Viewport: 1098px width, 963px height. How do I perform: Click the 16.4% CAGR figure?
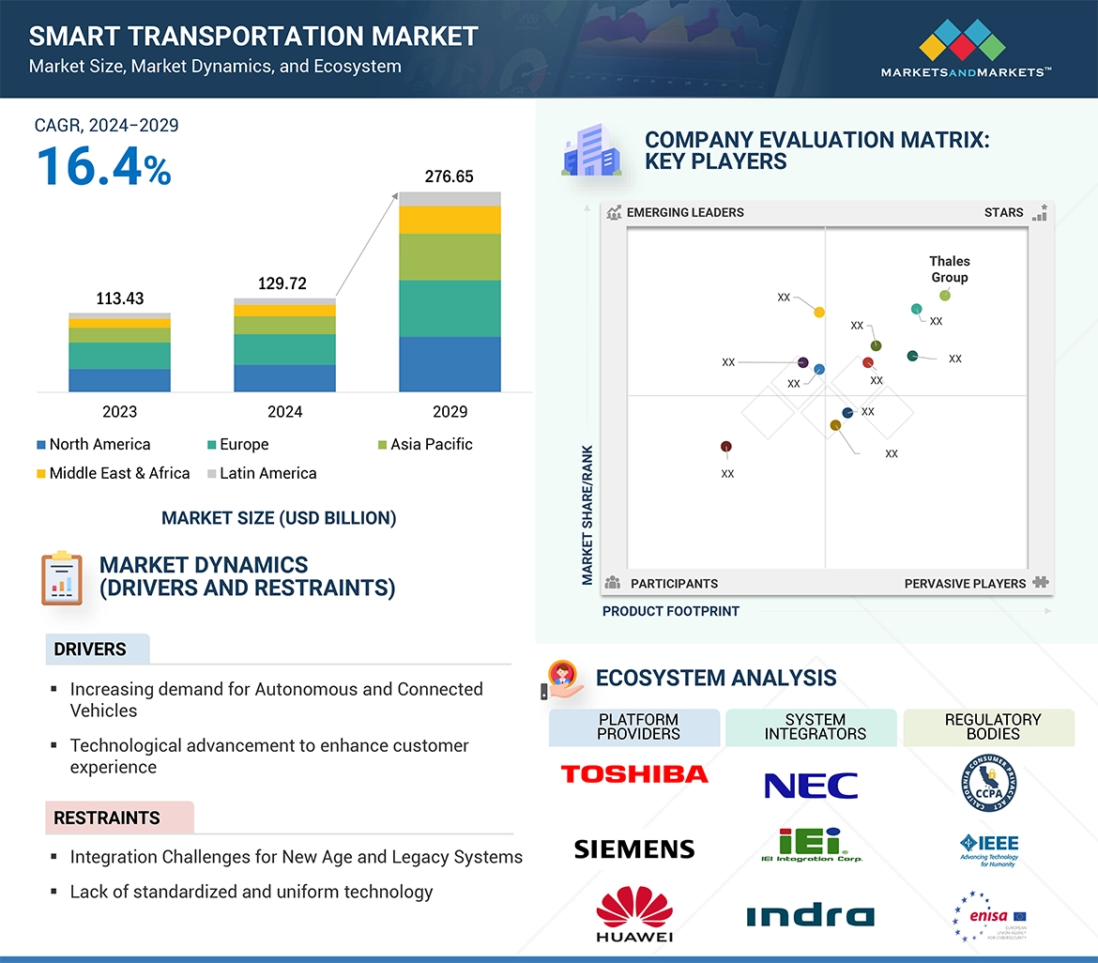pos(103,166)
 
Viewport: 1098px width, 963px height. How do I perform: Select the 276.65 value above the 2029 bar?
pos(449,176)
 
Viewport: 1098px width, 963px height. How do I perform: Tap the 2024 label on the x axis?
pos(284,411)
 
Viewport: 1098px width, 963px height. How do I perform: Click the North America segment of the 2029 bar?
pos(449,364)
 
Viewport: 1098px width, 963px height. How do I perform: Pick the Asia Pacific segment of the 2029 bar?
pos(449,256)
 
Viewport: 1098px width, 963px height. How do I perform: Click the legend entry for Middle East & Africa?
pos(114,473)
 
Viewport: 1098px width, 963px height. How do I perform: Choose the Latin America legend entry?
pos(262,473)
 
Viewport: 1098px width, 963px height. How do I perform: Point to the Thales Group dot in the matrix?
pos(945,296)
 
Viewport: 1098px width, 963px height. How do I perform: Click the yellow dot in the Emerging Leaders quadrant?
pos(819,312)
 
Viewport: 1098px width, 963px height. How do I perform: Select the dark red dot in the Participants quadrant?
pos(725,447)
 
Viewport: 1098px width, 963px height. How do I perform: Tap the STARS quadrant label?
pos(1004,212)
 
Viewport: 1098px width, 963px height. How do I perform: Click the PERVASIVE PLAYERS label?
pos(965,583)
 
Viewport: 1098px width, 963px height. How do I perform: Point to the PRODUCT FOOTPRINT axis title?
pos(671,611)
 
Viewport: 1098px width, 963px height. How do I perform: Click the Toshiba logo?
pos(634,774)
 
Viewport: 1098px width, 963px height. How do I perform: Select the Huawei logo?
pos(634,913)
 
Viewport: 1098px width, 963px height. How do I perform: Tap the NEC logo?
pos(811,786)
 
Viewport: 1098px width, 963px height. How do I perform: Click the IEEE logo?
pos(989,848)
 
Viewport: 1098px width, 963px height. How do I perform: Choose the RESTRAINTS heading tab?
pos(107,818)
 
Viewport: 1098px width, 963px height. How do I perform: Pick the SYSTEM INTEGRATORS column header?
pos(815,726)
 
